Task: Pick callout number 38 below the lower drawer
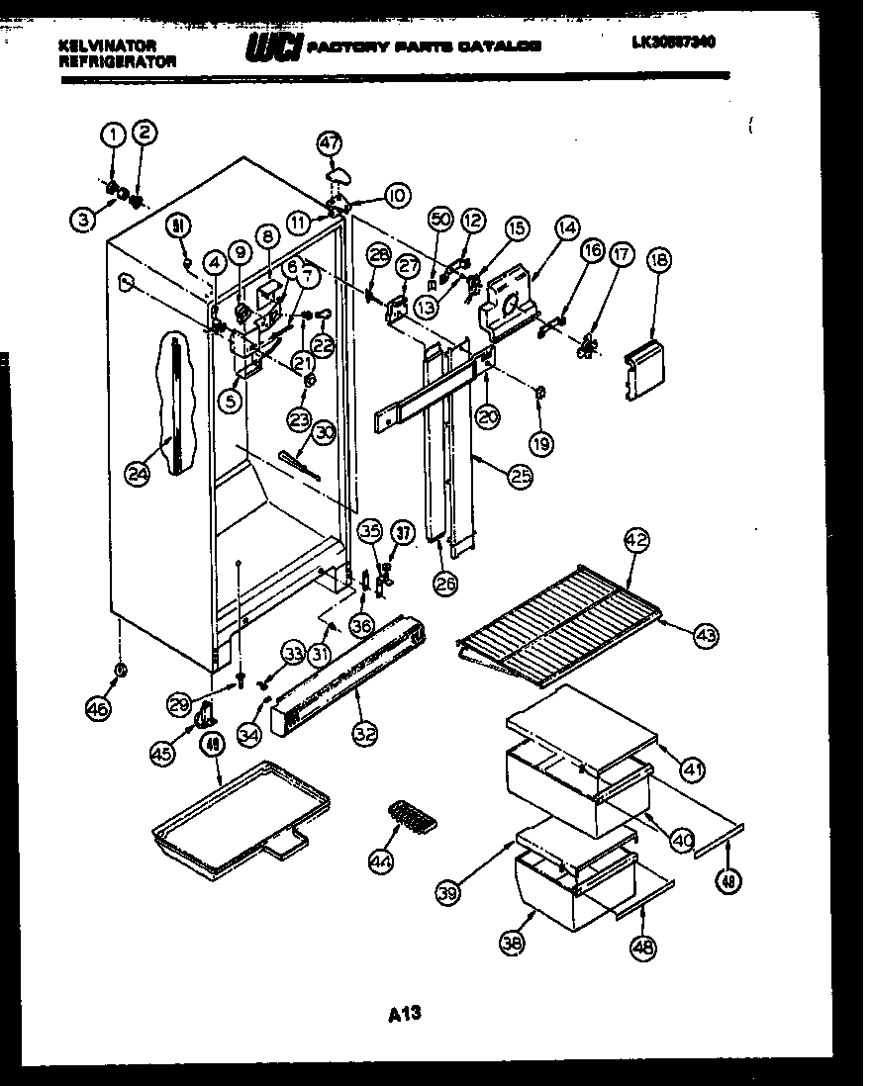[x=511, y=944]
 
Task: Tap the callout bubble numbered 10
[x=396, y=196]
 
